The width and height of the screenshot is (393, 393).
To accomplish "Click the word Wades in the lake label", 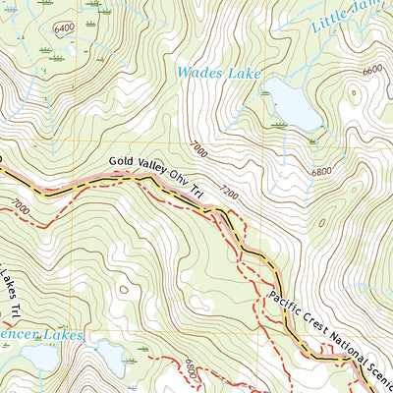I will (x=196, y=72).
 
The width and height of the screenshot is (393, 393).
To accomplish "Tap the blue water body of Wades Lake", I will (x=295, y=105).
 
